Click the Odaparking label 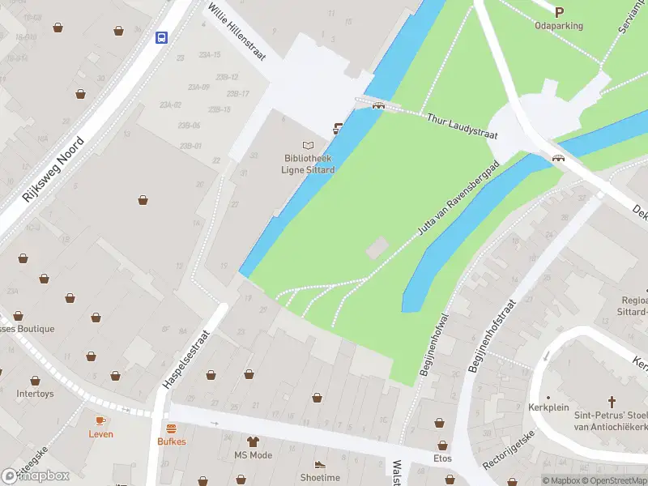(559, 26)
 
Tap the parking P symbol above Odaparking (559, 11)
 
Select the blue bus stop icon (161, 36)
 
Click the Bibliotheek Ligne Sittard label (308, 164)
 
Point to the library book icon (308, 144)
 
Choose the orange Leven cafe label (101, 434)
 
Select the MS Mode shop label (253, 455)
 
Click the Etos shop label (442, 458)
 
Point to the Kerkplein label (544, 407)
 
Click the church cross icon (613, 401)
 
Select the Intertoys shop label (35, 394)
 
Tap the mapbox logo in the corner (36, 476)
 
